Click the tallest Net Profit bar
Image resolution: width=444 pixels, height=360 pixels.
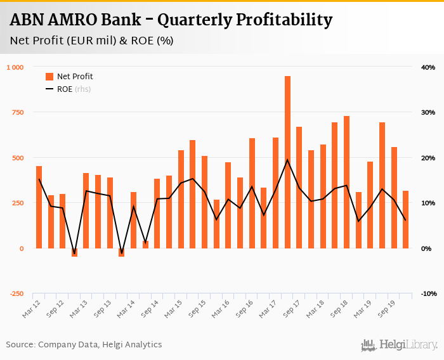(287, 162)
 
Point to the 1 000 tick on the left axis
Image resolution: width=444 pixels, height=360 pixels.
(15, 67)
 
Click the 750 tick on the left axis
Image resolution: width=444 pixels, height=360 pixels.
(17, 113)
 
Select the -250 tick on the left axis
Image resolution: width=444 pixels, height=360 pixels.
(16, 294)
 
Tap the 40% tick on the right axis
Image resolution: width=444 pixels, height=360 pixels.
(427, 67)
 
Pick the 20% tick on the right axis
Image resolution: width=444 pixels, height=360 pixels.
(427, 158)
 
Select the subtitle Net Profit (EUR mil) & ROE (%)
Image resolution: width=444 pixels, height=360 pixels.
(92, 41)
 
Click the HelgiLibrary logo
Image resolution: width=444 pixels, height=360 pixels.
(400, 345)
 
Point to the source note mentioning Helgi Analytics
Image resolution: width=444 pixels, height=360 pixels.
(84, 345)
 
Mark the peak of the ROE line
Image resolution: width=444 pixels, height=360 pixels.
(287, 160)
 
